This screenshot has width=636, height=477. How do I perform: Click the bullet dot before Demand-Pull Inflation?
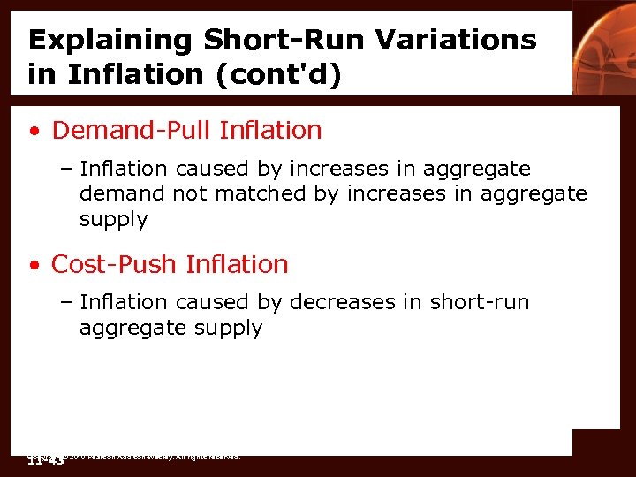34,132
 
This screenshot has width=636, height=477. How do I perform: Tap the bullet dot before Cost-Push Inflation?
34,265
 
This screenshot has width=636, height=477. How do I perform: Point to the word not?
188,194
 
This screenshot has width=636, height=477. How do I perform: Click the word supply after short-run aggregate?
232,329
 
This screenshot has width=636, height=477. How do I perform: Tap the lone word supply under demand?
114,219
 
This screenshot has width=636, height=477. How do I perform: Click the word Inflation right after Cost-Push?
239,264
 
